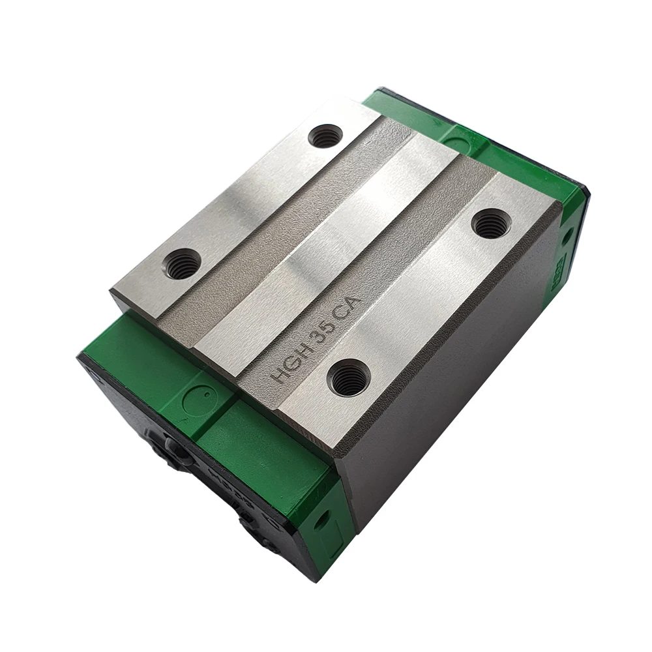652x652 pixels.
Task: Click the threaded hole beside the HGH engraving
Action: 348,379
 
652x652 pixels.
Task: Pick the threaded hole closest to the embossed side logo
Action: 490,224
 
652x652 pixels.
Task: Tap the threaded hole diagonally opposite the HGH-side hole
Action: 325,136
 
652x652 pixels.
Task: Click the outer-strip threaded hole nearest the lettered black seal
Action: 182,264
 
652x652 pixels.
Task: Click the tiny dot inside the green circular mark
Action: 206,394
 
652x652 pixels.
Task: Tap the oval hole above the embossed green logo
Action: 569,233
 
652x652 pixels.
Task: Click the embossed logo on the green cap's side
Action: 559,268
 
